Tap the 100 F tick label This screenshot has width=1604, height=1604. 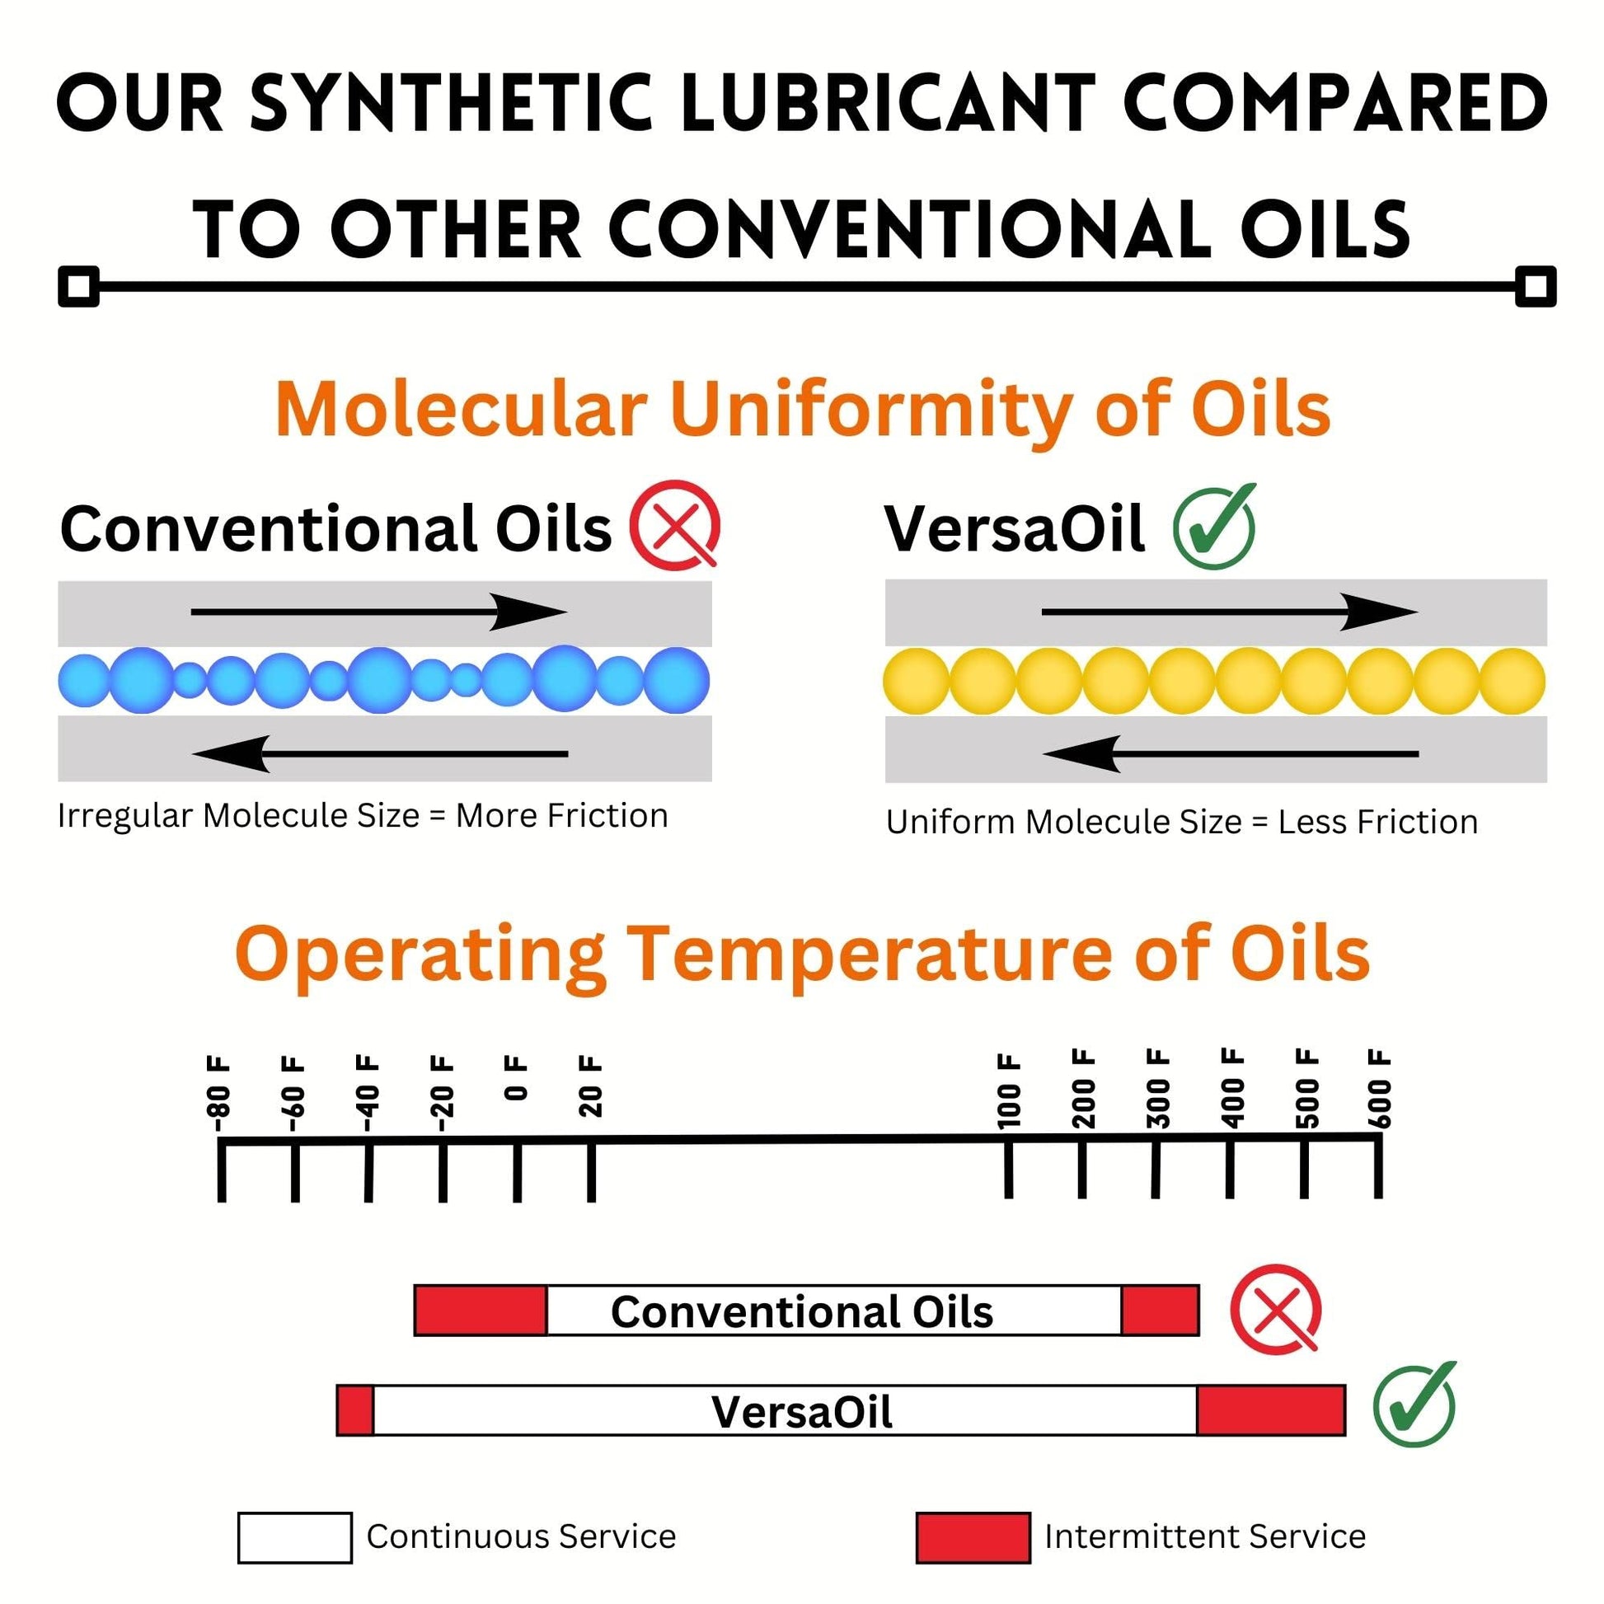1008,1091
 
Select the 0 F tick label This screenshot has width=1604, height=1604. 516,1078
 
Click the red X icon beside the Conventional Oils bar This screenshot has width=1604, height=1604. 1276,1311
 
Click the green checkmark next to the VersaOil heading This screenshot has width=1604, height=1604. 1215,527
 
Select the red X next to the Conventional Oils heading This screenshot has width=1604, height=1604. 675,525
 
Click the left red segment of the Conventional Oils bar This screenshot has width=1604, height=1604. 481,1311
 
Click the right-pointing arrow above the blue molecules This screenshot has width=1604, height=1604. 379,612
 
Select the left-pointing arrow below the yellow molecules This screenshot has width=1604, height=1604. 1231,754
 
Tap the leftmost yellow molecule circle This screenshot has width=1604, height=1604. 917,682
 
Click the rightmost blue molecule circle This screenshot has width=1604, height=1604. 677,681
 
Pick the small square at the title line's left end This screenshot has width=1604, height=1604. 79,287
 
